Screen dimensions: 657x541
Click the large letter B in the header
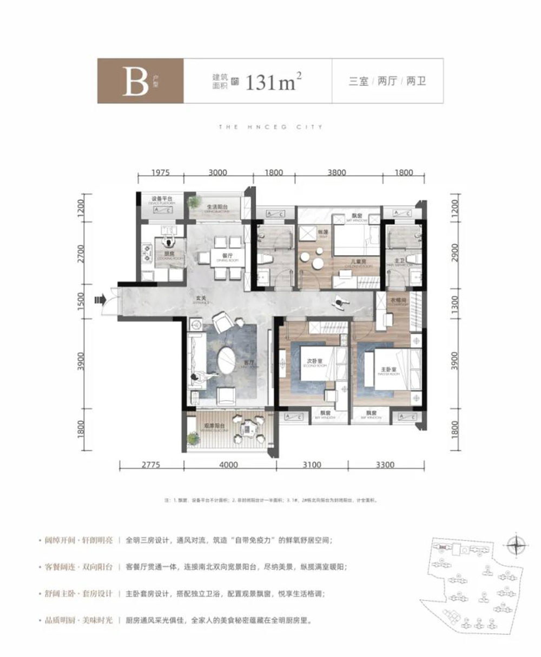(x=135, y=82)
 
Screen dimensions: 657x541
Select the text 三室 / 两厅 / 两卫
(x=387, y=82)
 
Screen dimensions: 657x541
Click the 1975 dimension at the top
(x=161, y=173)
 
